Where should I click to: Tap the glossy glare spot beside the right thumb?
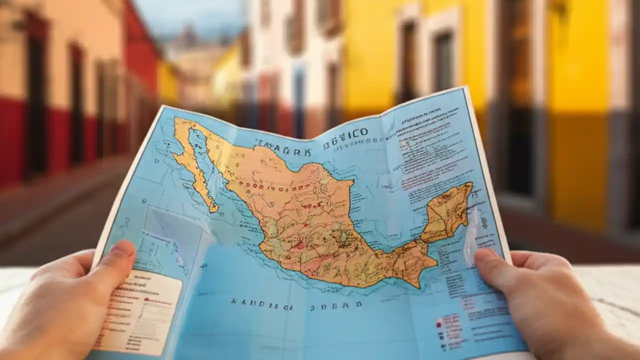470,235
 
